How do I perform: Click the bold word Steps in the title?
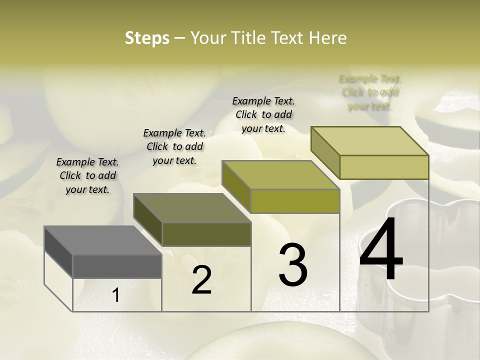(147, 38)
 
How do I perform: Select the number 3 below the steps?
(293, 264)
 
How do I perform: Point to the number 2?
(201, 280)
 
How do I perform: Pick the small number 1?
(116, 295)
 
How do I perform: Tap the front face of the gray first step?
(117, 266)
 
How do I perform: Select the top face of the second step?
(192, 207)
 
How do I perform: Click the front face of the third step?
(295, 201)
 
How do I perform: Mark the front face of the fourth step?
(383, 167)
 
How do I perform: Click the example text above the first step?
(87, 175)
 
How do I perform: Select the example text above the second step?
(174, 146)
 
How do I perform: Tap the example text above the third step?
(263, 114)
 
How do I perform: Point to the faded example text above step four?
(370, 92)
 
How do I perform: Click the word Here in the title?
(329, 38)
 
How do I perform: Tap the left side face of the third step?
(236, 186)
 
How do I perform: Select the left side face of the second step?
(148, 219)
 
